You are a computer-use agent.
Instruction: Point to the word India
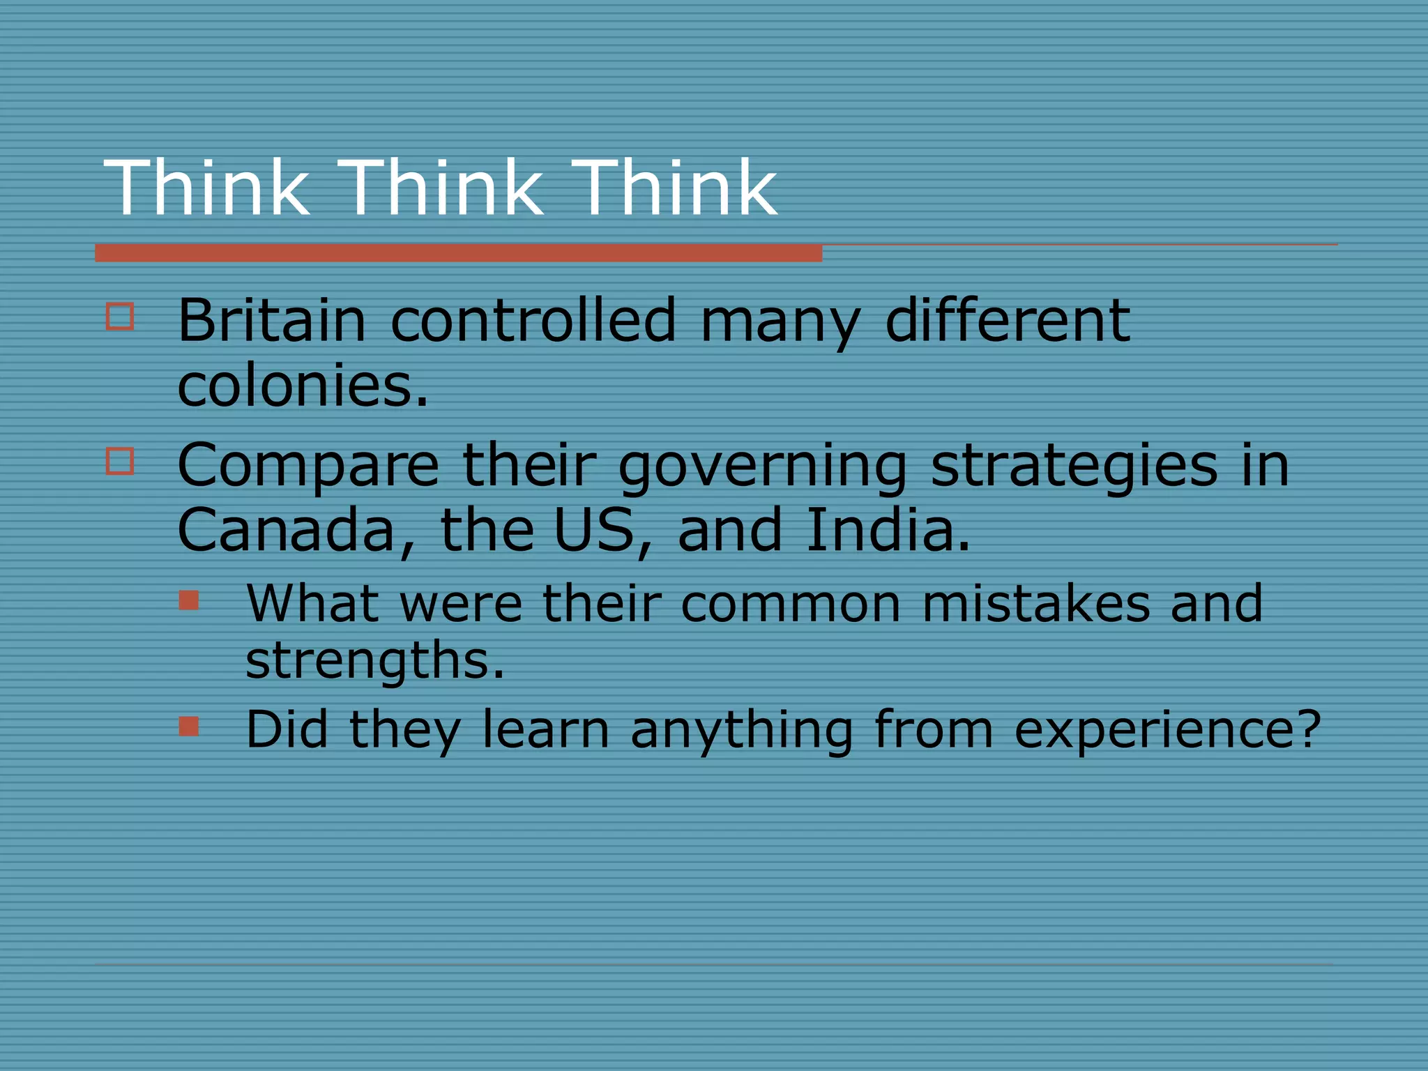click(x=887, y=530)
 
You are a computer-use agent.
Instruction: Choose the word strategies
click(x=1074, y=466)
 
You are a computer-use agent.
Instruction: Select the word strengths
click(x=374, y=660)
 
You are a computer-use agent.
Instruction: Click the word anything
click(x=742, y=730)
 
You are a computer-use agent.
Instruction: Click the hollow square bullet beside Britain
click(x=120, y=316)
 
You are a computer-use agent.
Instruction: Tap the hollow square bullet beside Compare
click(x=120, y=461)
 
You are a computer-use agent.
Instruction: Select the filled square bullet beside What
click(x=189, y=600)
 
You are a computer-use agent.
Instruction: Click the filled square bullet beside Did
click(x=189, y=727)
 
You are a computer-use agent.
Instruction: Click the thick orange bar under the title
click(x=458, y=253)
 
